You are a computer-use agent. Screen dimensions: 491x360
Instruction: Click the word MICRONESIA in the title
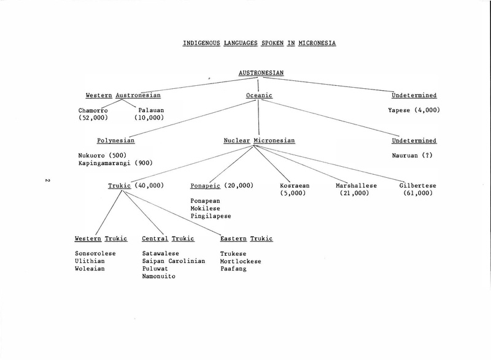(x=317, y=43)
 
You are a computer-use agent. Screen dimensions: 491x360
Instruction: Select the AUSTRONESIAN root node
(x=261, y=73)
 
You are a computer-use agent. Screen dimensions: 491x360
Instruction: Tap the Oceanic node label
(x=259, y=96)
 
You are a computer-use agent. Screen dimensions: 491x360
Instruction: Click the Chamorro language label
(x=93, y=110)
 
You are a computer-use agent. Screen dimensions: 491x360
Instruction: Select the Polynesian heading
(x=116, y=140)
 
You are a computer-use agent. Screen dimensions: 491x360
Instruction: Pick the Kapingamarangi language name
(x=104, y=163)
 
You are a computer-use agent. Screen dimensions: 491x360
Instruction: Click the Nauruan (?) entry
(x=412, y=155)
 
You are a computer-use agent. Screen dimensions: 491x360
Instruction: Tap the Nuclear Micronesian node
(x=259, y=140)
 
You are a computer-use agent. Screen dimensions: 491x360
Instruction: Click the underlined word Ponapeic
(x=206, y=186)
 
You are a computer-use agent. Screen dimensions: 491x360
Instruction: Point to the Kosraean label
(x=295, y=185)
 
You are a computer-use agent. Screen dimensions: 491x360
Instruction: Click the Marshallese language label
(x=357, y=185)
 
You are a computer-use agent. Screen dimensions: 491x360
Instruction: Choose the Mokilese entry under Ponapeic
(x=206, y=209)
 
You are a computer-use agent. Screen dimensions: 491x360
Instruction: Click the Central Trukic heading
(x=168, y=239)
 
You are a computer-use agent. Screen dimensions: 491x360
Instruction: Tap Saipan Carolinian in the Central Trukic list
(x=174, y=261)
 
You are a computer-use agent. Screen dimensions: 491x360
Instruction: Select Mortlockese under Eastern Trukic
(x=241, y=261)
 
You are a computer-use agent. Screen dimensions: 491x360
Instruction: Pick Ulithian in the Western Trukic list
(x=90, y=261)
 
